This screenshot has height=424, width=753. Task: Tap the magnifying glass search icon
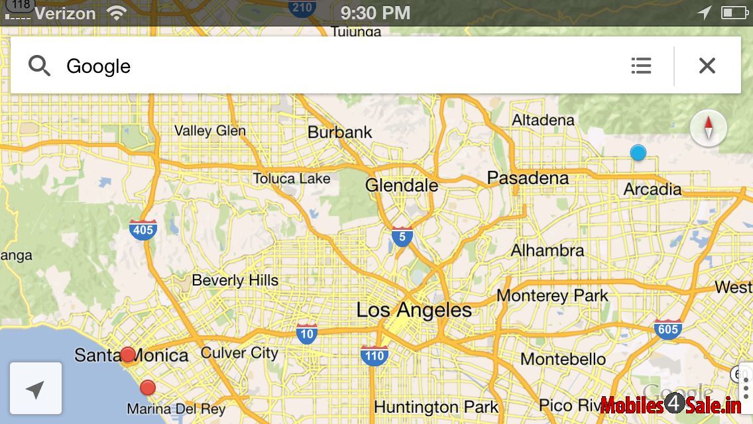pyautogui.click(x=39, y=66)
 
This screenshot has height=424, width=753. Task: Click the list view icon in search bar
pyautogui.click(x=641, y=66)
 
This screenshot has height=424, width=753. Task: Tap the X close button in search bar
pyautogui.click(x=707, y=66)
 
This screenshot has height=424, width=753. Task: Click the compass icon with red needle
pyautogui.click(x=708, y=127)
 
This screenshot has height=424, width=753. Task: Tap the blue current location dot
pyautogui.click(x=638, y=153)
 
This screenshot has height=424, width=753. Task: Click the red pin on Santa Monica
pyautogui.click(x=127, y=354)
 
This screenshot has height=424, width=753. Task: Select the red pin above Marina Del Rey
pyautogui.click(x=148, y=388)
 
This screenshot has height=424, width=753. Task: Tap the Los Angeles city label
pyautogui.click(x=414, y=310)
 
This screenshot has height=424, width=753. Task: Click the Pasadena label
pyautogui.click(x=528, y=178)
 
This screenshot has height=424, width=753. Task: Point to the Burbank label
pyautogui.click(x=340, y=132)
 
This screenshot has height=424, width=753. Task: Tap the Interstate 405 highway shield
pyautogui.click(x=143, y=229)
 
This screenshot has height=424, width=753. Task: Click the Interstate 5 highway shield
pyautogui.click(x=402, y=236)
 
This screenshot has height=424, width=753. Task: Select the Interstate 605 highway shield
pyautogui.click(x=667, y=329)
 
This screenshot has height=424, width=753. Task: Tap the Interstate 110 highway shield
pyautogui.click(x=375, y=355)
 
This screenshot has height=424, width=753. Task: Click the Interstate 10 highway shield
pyautogui.click(x=306, y=333)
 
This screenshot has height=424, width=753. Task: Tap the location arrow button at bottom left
pyautogui.click(x=36, y=389)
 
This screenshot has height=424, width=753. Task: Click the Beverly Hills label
pyautogui.click(x=235, y=280)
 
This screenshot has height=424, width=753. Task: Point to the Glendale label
pyautogui.click(x=401, y=185)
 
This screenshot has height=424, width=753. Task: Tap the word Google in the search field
pyautogui.click(x=98, y=66)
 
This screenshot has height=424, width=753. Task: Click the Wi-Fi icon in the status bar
pyautogui.click(x=117, y=13)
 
